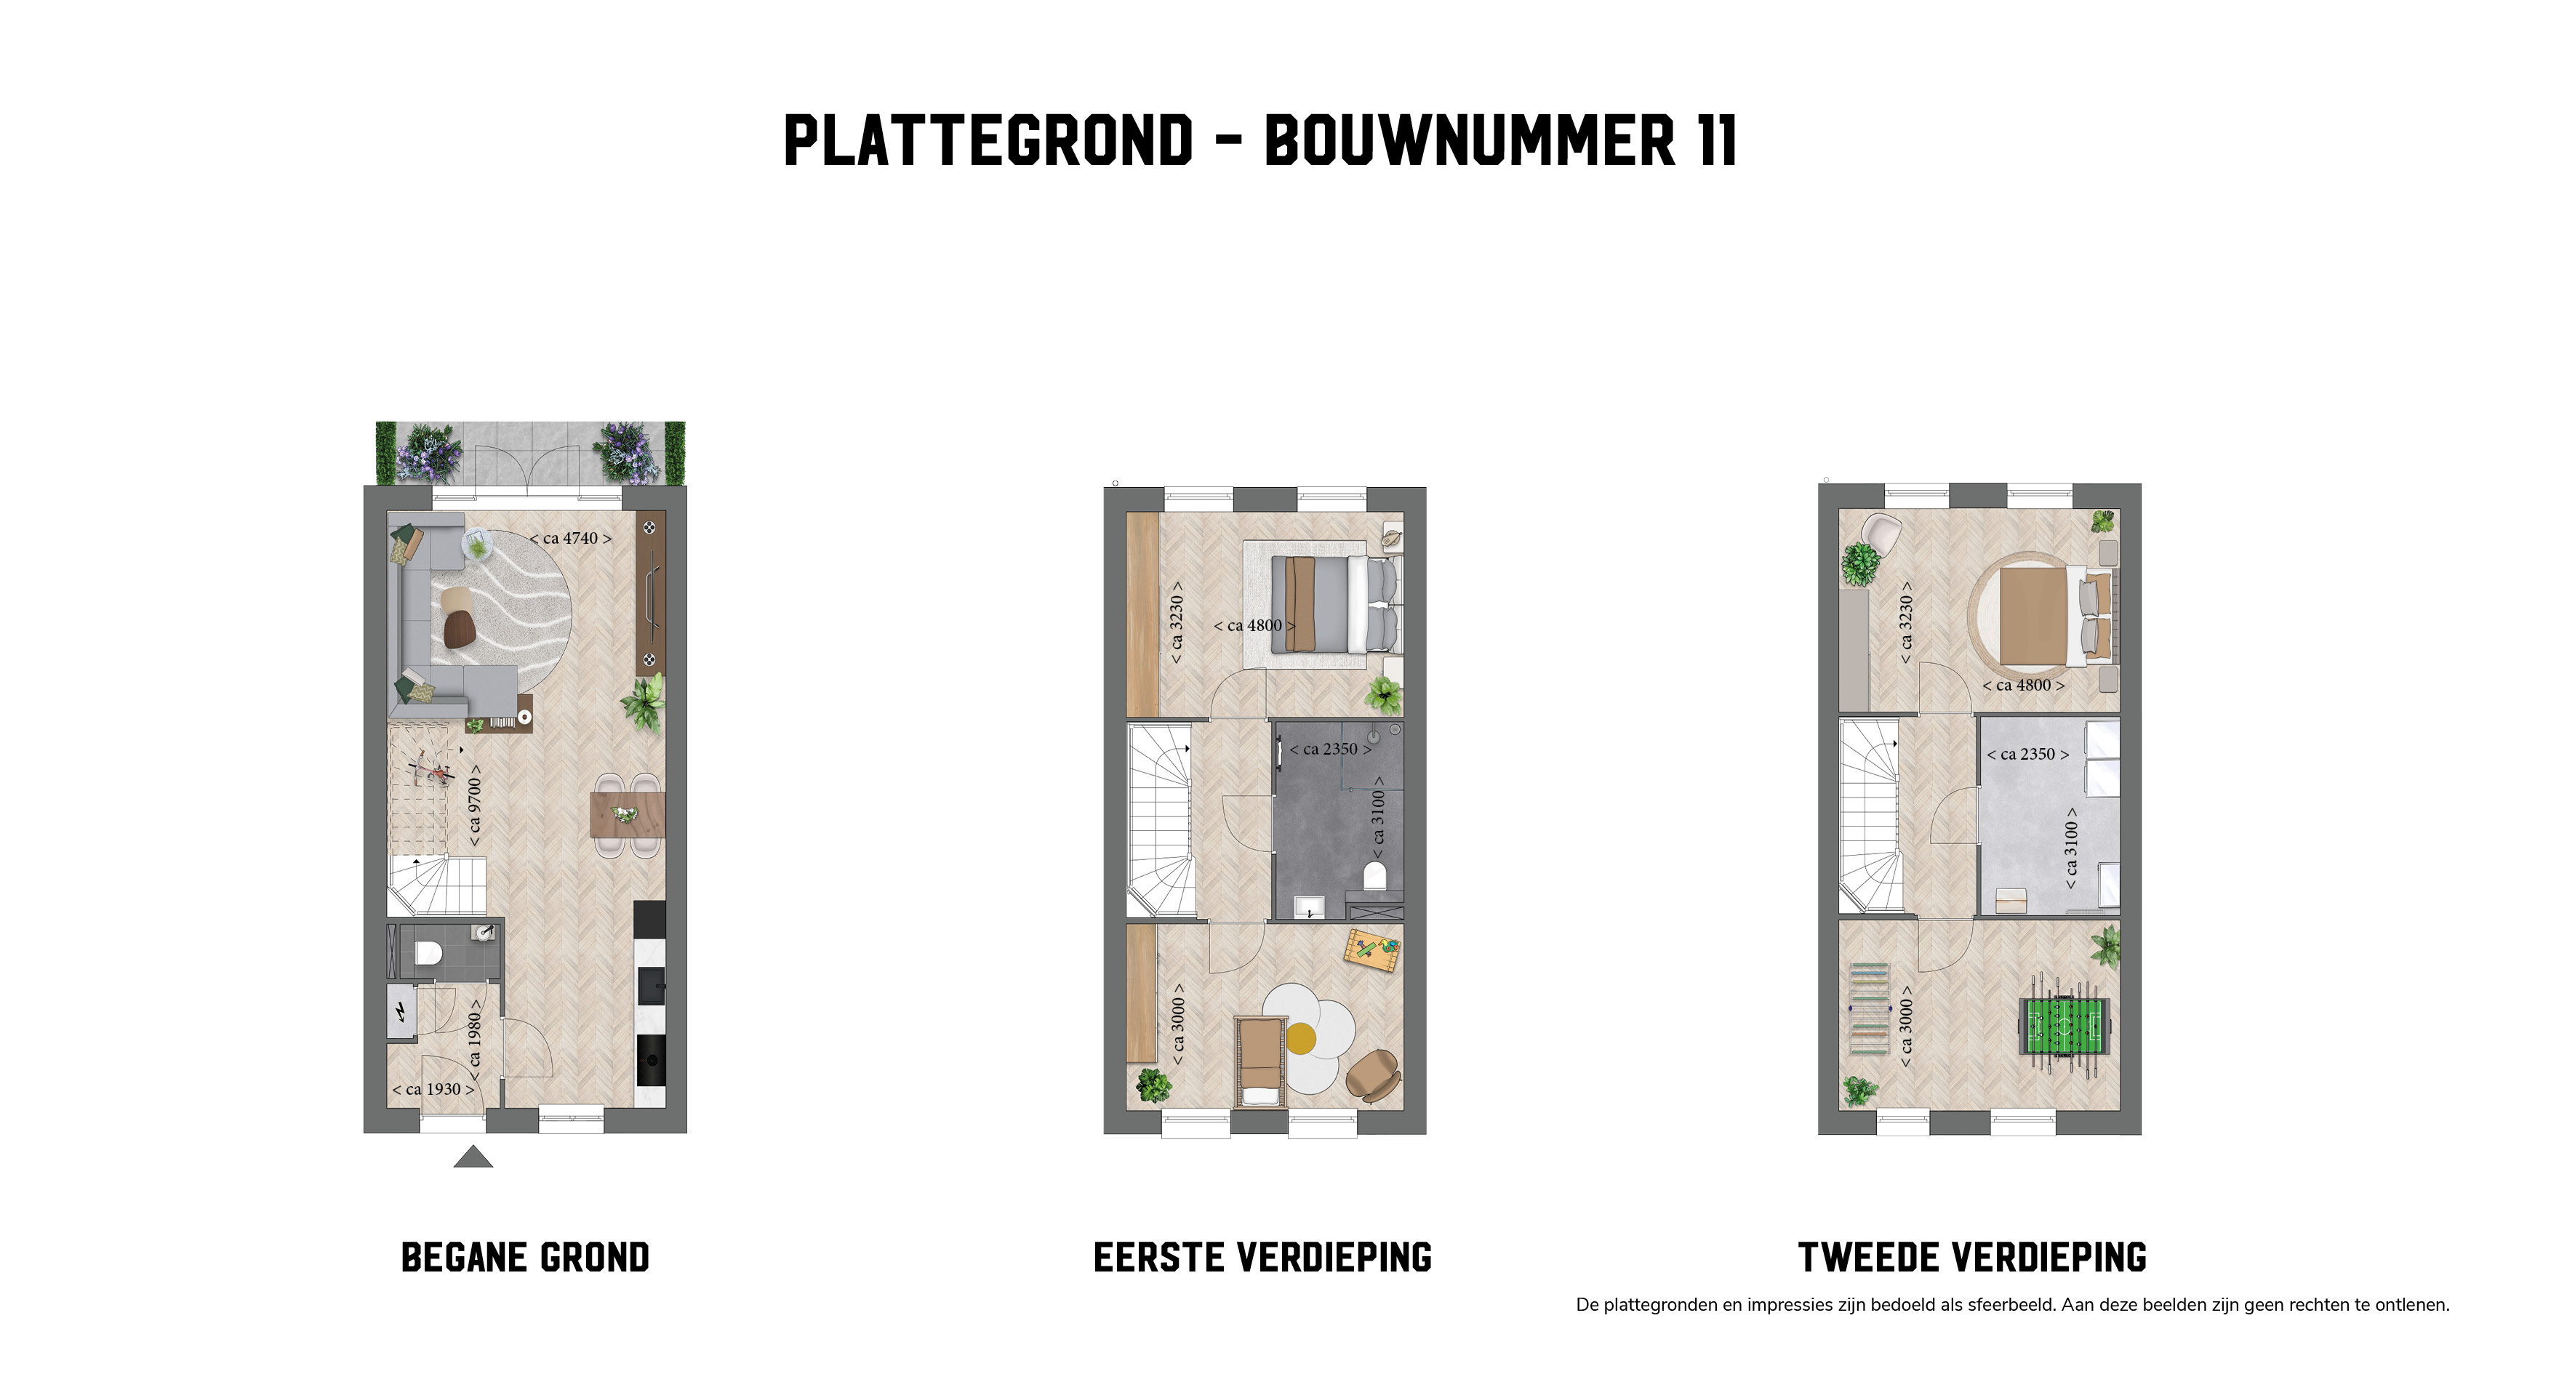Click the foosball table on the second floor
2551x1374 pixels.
click(2064, 1027)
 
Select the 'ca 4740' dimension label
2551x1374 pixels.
click(570, 539)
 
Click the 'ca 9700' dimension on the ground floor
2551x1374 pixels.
click(474, 805)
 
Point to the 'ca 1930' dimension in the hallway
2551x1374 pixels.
click(433, 1089)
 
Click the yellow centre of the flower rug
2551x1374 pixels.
click(1300, 1038)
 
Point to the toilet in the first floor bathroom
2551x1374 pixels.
click(1374, 875)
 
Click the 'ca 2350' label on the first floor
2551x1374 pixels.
click(1331, 750)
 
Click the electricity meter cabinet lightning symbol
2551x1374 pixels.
click(401, 1012)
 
